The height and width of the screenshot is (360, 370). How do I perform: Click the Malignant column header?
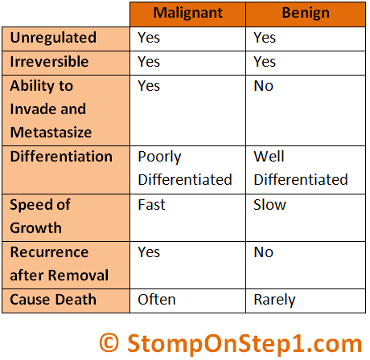(x=188, y=13)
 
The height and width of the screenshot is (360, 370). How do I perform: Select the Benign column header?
(x=306, y=14)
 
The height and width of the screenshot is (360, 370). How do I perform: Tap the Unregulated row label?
(x=53, y=38)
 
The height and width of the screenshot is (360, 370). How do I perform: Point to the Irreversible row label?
(x=49, y=62)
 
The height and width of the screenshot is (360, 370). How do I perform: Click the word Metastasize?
(x=51, y=132)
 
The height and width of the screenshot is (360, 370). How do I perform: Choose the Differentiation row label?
(x=61, y=156)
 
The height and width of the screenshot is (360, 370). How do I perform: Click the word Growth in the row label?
(x=36, y=228)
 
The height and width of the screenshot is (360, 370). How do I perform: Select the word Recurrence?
(x=49, y=252)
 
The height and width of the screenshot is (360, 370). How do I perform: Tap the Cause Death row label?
(x=53, y=300)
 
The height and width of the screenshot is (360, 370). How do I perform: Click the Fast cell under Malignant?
(x=152, y=205)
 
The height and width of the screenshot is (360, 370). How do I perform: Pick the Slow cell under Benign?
(x=269, y=205)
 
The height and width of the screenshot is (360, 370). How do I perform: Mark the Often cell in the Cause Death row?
(x=157, y=300)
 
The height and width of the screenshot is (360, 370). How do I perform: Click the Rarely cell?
(x=274, y=301)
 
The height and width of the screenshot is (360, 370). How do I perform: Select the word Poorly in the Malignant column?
(x=159, y=157)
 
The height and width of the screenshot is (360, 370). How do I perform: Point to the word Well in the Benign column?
(x=269, y=156)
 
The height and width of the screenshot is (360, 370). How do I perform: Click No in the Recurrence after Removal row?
(x=264, y=252)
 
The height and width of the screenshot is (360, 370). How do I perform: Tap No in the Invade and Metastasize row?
(x=264, y=86)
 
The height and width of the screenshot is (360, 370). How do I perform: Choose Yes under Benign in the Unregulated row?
(x=265, y=38)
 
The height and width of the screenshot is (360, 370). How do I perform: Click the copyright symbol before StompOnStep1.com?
(x=109, y=343)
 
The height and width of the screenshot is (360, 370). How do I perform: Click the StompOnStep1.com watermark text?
(x=245, y=344)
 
